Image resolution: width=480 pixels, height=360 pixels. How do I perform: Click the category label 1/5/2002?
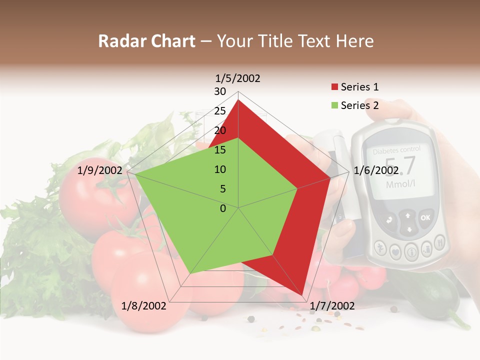pos(238,78)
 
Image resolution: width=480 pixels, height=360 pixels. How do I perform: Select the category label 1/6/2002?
pos(375,170)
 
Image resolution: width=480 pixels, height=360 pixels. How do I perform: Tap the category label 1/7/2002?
pos(332,305)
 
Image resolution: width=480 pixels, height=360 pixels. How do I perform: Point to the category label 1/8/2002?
pos(144,305)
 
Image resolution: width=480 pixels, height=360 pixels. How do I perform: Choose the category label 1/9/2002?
pos(100,170)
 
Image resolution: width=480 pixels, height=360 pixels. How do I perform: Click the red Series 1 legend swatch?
pos(334,87)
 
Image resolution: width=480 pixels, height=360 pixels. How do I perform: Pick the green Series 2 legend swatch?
pos(334,105)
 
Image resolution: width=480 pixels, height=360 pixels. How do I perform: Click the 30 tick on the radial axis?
pos(220,91)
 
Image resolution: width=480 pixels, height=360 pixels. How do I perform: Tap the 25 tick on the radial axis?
pos(220,111)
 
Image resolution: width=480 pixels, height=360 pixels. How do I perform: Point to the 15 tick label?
pos(220,150)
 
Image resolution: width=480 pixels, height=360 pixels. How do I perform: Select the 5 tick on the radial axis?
pos(222,189)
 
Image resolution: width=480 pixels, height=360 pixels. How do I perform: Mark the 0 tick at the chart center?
pos(223,208)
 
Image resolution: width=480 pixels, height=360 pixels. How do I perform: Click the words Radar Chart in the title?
pos(146,41)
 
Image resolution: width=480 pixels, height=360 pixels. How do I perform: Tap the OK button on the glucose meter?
pos(425,217)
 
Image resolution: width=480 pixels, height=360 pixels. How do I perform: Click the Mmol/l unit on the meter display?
pos(400,184)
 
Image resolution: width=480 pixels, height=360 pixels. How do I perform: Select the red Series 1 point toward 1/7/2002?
pos(303,295)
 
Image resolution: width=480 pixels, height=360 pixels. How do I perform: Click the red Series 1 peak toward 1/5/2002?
pos(238,100)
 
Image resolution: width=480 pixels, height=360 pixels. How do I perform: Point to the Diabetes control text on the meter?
pos(397,149)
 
